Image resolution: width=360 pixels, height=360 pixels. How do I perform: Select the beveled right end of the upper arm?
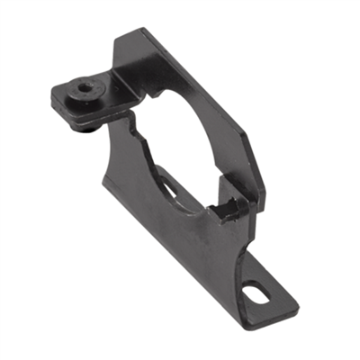click(261, 171)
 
